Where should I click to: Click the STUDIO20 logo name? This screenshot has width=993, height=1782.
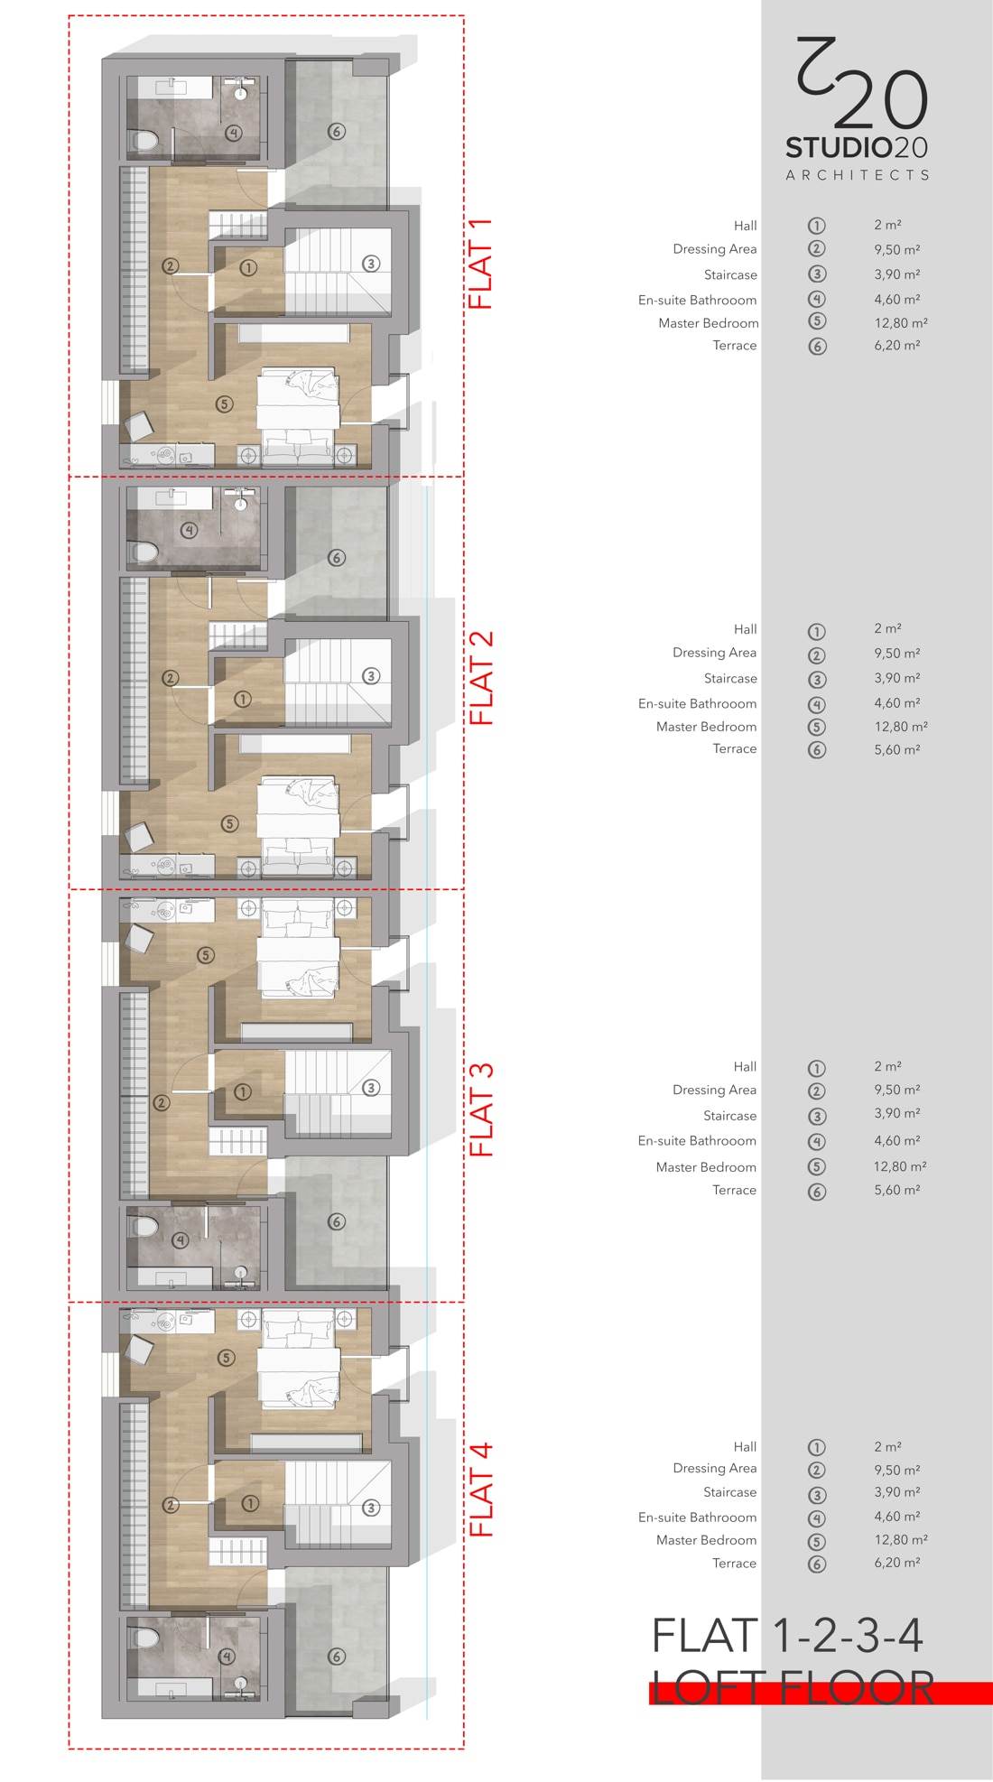point(857,147)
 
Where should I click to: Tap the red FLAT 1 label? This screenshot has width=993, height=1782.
point(481,264)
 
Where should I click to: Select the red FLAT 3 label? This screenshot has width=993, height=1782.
point(481,1109)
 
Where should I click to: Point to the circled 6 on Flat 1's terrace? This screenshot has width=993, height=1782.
point(336,132)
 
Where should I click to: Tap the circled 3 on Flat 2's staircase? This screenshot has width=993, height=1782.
point(370,676)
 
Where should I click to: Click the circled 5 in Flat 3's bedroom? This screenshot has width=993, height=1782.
point(206,954)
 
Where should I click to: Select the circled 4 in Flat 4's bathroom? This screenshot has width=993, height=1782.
point(227,1657)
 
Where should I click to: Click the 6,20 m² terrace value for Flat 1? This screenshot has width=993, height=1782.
point(896,345)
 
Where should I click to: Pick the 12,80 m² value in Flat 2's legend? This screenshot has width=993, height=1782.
point(900,726)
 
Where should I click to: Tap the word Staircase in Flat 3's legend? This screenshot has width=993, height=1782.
point(729,1116)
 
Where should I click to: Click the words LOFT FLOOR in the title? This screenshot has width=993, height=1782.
point(793,1687)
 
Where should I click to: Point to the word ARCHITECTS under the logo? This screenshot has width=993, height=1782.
point(857,175)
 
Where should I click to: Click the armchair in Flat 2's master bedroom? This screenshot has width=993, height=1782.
point(139,837)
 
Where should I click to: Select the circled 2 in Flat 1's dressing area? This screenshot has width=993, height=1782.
point(171,266)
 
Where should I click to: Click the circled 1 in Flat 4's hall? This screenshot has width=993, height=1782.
point(250,1503)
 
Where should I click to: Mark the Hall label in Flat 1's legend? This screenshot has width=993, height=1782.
point(745,226)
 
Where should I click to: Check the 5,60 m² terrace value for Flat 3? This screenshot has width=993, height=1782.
point(896,1190)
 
